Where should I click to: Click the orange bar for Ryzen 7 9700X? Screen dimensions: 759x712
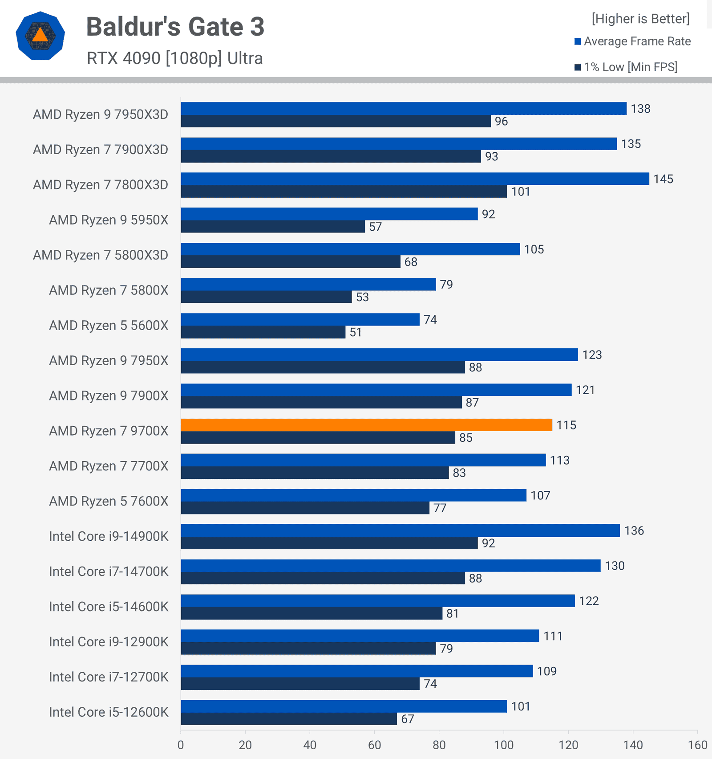pyautogui.click(x=366, y=425)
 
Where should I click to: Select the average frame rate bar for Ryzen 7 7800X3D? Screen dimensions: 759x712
pyautogui.click(x=415, y=179)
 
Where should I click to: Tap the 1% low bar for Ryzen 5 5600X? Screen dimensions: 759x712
pyautogui.click(x=263, y=332)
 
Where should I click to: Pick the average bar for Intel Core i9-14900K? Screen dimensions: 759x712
pyautogui.click(x=400, y=530)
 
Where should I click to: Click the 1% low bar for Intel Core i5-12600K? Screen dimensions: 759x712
pyautogui.click(x=289, y=718)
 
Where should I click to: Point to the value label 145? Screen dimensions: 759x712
pyautogui.click(x=663, y=179)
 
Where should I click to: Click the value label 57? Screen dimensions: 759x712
pyautogui.click(x=375, y=227)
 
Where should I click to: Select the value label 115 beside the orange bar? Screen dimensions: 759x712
pyautogui.click(x=566, y=425)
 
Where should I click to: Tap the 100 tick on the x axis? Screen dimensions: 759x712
pyautogui.click(x=504, y=745)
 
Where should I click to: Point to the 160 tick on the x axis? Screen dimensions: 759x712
pyautogui.click(x=697, y=745)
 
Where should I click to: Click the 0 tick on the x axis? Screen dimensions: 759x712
pyautogui.click(x=181, y=745)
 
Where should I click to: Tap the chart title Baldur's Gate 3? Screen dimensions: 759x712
pyautogui.click(x=175, y=27)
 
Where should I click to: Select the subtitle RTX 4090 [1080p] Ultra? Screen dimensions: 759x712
pyautogui.click(x=174, y=58)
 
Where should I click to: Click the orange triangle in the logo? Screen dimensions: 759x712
pyautogui.click(x=40, y=35)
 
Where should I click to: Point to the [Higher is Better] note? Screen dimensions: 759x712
pyautogui.click(x=640, y=19)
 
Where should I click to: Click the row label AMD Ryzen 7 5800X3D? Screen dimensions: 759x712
pyautogui.click(x=101, y=255)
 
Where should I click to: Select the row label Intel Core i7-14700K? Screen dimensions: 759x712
pyautogui.click(x=109, y=571)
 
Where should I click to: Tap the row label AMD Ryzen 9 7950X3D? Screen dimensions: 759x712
pyautogui.click(x=101, y=114)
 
